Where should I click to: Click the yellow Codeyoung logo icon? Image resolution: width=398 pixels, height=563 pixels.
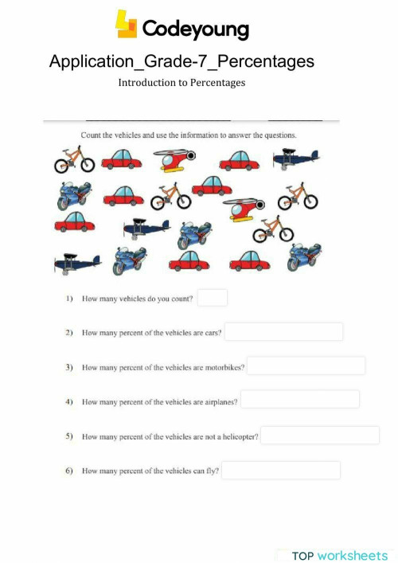pyautogui.click(x=127, y=25)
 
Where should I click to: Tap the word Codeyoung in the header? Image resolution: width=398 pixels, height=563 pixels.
pyautogui.click(x=195, y=29)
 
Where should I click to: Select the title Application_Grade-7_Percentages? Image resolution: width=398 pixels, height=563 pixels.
pyautogui.click(x=181, y=61)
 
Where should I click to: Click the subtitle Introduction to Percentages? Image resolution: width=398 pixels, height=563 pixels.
pyautogui.click(x=181, y=82)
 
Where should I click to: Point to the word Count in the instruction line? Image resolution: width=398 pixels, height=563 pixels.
pyautogui.click(x=92, y=135)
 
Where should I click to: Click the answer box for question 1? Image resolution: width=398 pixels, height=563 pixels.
pyautogui.click(x=213, y=298)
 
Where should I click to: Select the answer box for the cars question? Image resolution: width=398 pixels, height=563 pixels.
pyautogui.click(x=283, y=331)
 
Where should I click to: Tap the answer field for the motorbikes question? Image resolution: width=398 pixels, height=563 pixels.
pyautogui.click(x=306, y=366)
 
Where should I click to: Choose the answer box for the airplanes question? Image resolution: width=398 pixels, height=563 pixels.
pyautogui.click(x=300, y=399)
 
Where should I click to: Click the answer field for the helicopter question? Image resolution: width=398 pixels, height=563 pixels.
pyautogui.click(x=320, y=436)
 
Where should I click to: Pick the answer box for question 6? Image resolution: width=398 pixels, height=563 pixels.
pyautogui.click(x=281, y=470)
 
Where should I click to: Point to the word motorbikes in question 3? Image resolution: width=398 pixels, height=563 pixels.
pyautogui.click(x=224, y=367)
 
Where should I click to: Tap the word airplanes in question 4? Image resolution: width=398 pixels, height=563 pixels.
pyautogui.click(x=220, y=402)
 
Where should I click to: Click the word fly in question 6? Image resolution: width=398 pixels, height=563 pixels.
pyautogui.click(x=212, y=471)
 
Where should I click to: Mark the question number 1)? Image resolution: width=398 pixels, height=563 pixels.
pyautogui.click(x=68, y=299)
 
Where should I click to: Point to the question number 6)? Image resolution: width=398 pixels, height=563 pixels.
pyautogui.click(x=68, y=471)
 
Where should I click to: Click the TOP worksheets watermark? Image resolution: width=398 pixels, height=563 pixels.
pyautogui.click(x=338, y=555)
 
